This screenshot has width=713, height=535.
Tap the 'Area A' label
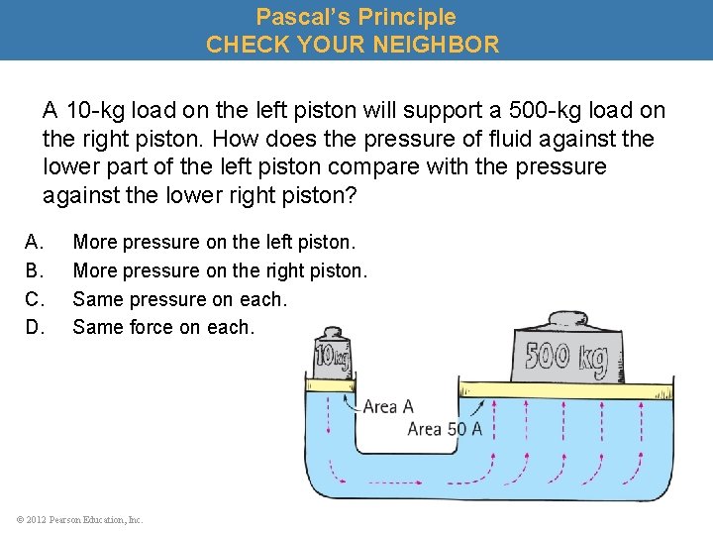point(388,406)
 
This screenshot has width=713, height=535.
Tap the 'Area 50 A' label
point(445,429)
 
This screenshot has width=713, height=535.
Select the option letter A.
point(34,242)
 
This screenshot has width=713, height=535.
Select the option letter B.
point(34,270)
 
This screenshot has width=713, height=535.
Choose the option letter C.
point(34,299)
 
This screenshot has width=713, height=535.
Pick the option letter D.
point(34,327)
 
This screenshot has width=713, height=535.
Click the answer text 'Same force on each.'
point(163,327)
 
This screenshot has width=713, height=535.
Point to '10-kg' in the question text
point(92,110)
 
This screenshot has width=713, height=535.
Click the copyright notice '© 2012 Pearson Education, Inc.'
point(79,519)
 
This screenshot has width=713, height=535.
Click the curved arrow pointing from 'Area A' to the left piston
point(350,401)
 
